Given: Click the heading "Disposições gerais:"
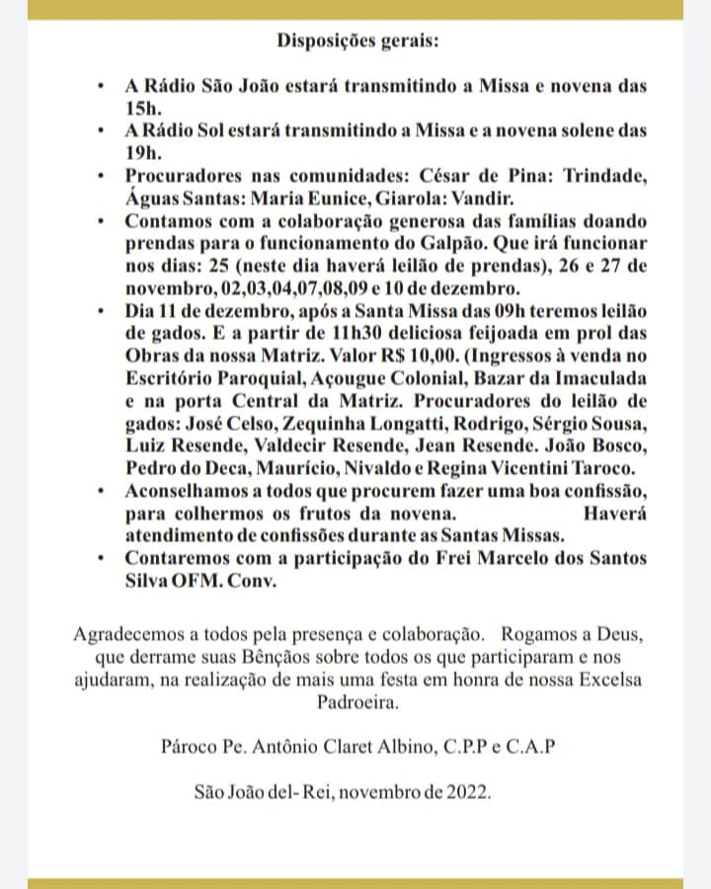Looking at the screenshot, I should click(x=356, y=41).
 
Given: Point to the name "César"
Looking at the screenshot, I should click(x=434, y=175).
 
